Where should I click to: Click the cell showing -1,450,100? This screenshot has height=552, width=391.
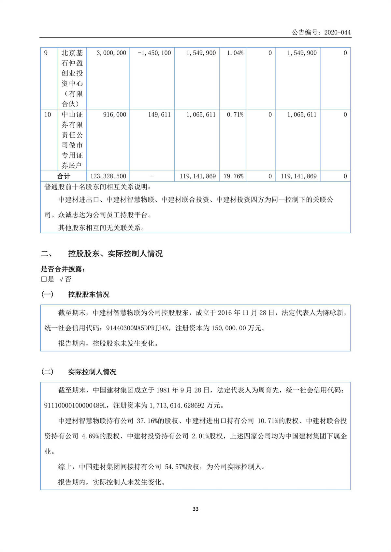[154, 53]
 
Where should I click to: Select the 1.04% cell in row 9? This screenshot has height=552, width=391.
[235, 53]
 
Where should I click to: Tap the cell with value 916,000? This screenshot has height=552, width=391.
[114, 115]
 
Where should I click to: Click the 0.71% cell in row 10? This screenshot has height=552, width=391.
[235, 115]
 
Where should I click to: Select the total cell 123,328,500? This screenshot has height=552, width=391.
[108, 176]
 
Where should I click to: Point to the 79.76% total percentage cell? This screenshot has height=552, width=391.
[233, 176]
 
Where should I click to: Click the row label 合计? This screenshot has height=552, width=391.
[64, 176]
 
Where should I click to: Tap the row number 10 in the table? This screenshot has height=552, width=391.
[48, 115]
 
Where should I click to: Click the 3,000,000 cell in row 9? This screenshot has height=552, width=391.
[111, 53]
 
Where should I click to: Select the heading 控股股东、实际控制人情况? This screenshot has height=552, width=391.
[115, 254]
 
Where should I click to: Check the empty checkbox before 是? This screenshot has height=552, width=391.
[44, 279]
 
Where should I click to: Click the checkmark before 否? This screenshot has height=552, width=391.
[61, 279]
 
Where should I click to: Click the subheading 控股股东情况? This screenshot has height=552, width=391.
[89, 295]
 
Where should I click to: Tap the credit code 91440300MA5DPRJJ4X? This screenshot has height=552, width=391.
[137, 328]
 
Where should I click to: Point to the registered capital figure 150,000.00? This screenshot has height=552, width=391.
[228, 328]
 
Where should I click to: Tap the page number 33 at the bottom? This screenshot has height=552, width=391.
[195, 509]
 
